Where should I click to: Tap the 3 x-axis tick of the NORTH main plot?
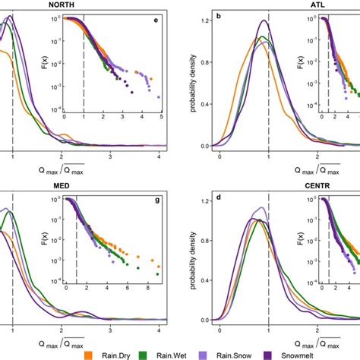(110, 155)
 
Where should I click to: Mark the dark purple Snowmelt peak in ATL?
(264, 21)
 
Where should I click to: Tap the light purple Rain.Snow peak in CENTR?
(263, 207)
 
